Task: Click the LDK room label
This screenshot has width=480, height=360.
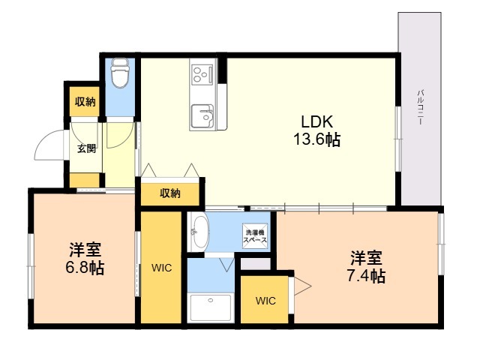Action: [316, 121]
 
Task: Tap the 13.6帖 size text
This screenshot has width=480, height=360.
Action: [316, 140]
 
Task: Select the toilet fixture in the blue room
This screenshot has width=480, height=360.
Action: [120, 73]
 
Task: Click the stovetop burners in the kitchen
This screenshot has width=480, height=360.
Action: [202, 74]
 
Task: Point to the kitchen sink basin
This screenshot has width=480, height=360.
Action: [202, 116]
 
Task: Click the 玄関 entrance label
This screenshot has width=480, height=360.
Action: [86, 148]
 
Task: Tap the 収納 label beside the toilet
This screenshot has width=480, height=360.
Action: [85, 102]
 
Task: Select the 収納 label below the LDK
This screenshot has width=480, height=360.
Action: [170, 193]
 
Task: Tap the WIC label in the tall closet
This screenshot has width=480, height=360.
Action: [162, 268]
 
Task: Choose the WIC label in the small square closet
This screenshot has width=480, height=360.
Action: [265, 301]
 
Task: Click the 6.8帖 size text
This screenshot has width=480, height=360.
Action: [85, 268]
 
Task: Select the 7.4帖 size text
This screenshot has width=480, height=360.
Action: [366, 276]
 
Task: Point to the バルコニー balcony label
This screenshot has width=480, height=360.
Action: [421, 106]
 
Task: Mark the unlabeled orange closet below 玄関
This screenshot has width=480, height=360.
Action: [85, 180]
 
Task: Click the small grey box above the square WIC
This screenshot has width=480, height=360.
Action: [256, 264]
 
